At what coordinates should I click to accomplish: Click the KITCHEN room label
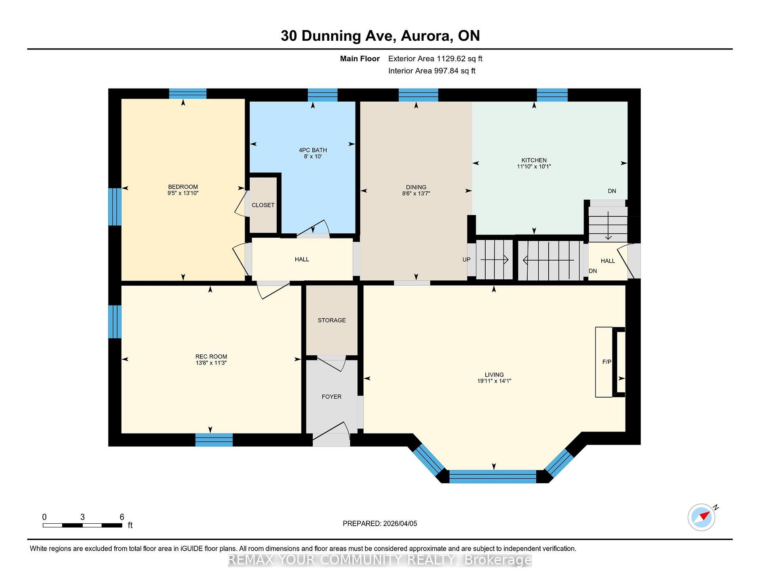tap(534, 160)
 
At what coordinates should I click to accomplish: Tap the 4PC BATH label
tap(313, 150)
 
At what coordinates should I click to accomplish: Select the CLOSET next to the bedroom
tap(263, 205)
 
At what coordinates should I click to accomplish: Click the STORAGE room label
tap(332, 320)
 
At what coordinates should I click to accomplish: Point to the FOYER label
tap(331, 396)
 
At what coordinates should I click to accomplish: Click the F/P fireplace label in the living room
tap(606, 362)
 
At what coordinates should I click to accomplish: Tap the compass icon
tap(702, 517)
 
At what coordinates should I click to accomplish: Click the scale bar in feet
tap(82, 525)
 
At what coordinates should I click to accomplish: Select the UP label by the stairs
tap(466, 259)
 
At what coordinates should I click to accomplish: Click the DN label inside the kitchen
tap(612, 191)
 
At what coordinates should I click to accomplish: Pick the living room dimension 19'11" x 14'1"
tap(494, 381)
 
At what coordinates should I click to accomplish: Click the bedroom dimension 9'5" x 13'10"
tap(182, 193)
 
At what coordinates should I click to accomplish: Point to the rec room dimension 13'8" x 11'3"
tap(211, 363)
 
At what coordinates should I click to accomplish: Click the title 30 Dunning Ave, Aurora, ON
tap(380, 36)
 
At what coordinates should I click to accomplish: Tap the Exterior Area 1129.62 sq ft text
tap(435, 59)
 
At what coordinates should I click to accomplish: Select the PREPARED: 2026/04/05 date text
tap(380, 523)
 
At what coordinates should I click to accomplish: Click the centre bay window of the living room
tap(493, 476)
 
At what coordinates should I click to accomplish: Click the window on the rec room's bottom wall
tap(214, 440)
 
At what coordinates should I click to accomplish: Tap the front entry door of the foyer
tap(331, 435)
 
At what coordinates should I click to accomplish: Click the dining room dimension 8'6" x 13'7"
tap(416, 193)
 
